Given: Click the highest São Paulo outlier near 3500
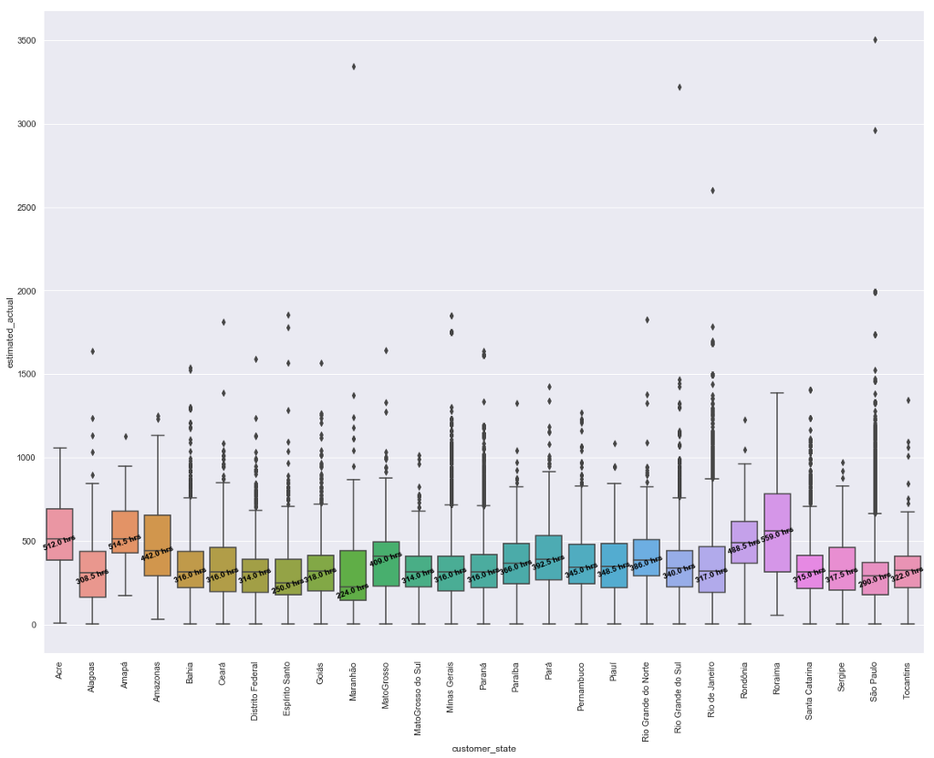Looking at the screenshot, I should point(875,40).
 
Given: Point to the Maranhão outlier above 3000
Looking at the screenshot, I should point(353,67).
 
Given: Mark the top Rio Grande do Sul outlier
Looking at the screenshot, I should point(680,88).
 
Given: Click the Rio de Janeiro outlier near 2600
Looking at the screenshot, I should point(712,191).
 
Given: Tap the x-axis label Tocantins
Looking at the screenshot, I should point(908,690).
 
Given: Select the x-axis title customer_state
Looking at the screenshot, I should point(483,749).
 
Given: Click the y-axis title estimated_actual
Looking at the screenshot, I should point(8,333).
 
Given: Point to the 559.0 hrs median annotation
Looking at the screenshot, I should point(777,531).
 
